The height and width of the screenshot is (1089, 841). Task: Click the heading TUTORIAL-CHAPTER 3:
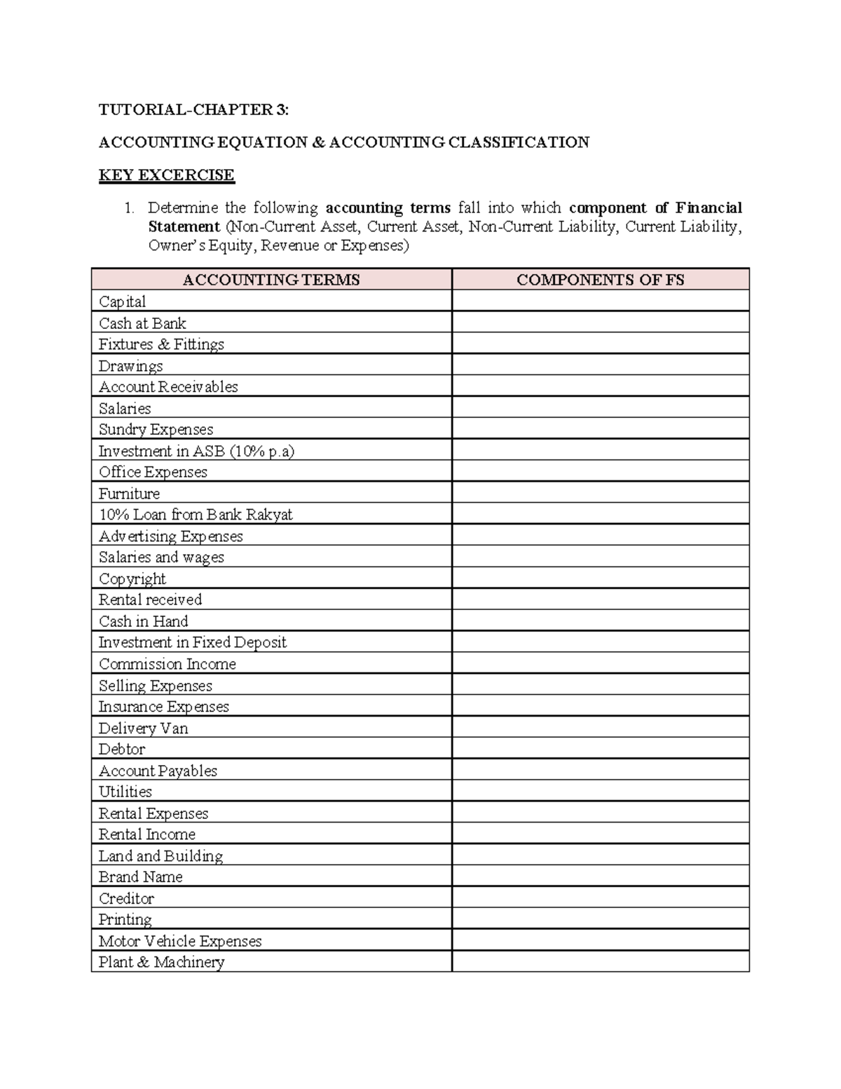coord(193,110)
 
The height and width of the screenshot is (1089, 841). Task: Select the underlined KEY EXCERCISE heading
coord(166,175)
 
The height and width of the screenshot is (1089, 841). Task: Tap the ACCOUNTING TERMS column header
coord(271,280)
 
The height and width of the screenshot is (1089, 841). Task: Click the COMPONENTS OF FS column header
coord(600,280)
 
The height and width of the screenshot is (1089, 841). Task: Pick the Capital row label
coord(122,302)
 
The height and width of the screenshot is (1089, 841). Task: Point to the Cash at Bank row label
coord(142,323)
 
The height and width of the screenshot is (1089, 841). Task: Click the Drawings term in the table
coord(130,366)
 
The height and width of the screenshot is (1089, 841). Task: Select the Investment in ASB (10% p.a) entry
coord(196,451)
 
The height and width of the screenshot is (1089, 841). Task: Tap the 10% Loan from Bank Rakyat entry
coord(196,515)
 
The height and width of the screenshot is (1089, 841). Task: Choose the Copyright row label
coord(132,579)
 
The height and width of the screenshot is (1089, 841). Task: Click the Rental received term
coord(150,600)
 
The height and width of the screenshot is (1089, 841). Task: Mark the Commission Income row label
coord(167,664)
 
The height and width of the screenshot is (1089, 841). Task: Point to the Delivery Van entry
coord(143,728)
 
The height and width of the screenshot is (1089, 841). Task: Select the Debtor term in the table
coord(122,749)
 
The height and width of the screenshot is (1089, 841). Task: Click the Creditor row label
coord(126,898)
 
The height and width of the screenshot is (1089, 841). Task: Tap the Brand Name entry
coord(140,877)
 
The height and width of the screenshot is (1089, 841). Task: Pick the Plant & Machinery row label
coord(161,962)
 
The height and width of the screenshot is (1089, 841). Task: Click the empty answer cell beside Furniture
coord(600,493)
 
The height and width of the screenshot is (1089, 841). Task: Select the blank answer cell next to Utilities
coord(600,792)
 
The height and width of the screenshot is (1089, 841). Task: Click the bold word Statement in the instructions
coord(184,226)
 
